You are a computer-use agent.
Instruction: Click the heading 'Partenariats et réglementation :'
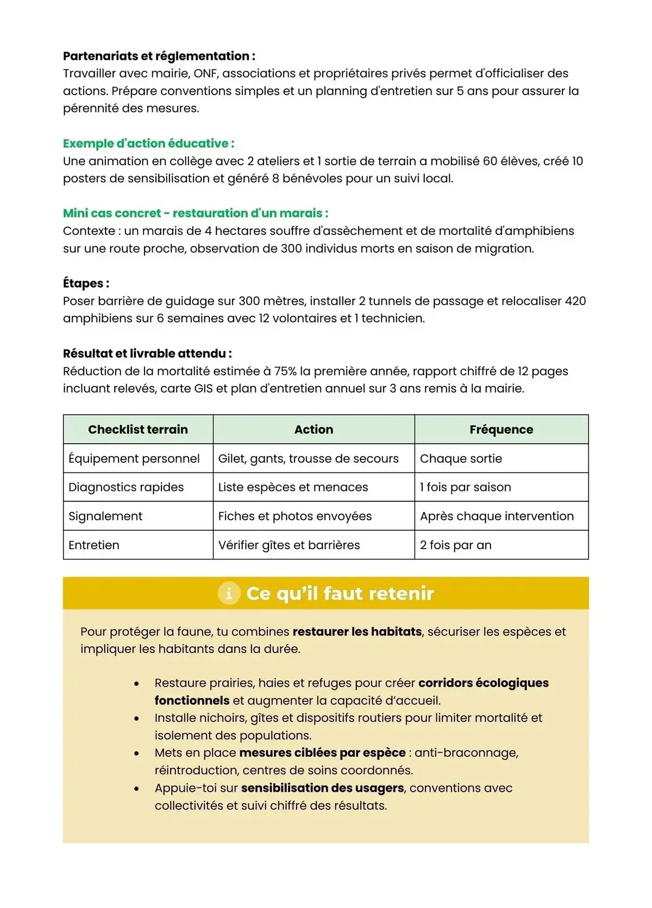pyautogui.click(x=159, y=56)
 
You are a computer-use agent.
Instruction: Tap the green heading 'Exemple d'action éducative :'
pyautogui.click(x=148, y=144)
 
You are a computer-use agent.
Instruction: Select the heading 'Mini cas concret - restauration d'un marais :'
pyautogui.click(x=196, y=213)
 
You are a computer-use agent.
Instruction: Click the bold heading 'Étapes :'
pyautogui.click(x=86, y=283)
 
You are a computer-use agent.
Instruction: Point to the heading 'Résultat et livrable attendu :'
pyautogui.click(x=147, y=353)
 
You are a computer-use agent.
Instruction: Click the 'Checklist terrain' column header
pyautogui.click(x=138, y=430)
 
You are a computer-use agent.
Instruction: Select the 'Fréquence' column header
pyautogui.click(x=501, y=430)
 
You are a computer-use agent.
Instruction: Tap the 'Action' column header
pyautogui.click(x=314, y=430)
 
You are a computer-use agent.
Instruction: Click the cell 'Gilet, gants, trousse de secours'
pyautogui.click(x=308, y=458)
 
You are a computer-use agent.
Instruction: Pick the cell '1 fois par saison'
pyautogui.click(x=465, y=487)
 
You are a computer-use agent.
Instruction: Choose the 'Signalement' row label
pyautogui.click(x=105, y=516)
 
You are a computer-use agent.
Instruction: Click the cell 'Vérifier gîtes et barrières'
pyautogui.click(x=289, y=545)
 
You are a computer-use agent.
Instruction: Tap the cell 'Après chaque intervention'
pyautogui.click(x=497, y=516)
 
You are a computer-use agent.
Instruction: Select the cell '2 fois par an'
pyautogui.click(x=455, y=545)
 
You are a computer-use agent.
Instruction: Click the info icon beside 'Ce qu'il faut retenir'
pyautogui.click(x=229, y=593)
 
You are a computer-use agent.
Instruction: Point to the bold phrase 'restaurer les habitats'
pyautogui.click(x=357, y=632)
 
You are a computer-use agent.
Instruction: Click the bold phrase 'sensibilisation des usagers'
pyautogui.click(x=322, y=788)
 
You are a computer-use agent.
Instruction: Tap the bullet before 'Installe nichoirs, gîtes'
pyautogui.click(x=136, y=719)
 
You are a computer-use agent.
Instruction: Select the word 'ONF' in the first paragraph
pyautogui.click(x=205, y=73)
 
